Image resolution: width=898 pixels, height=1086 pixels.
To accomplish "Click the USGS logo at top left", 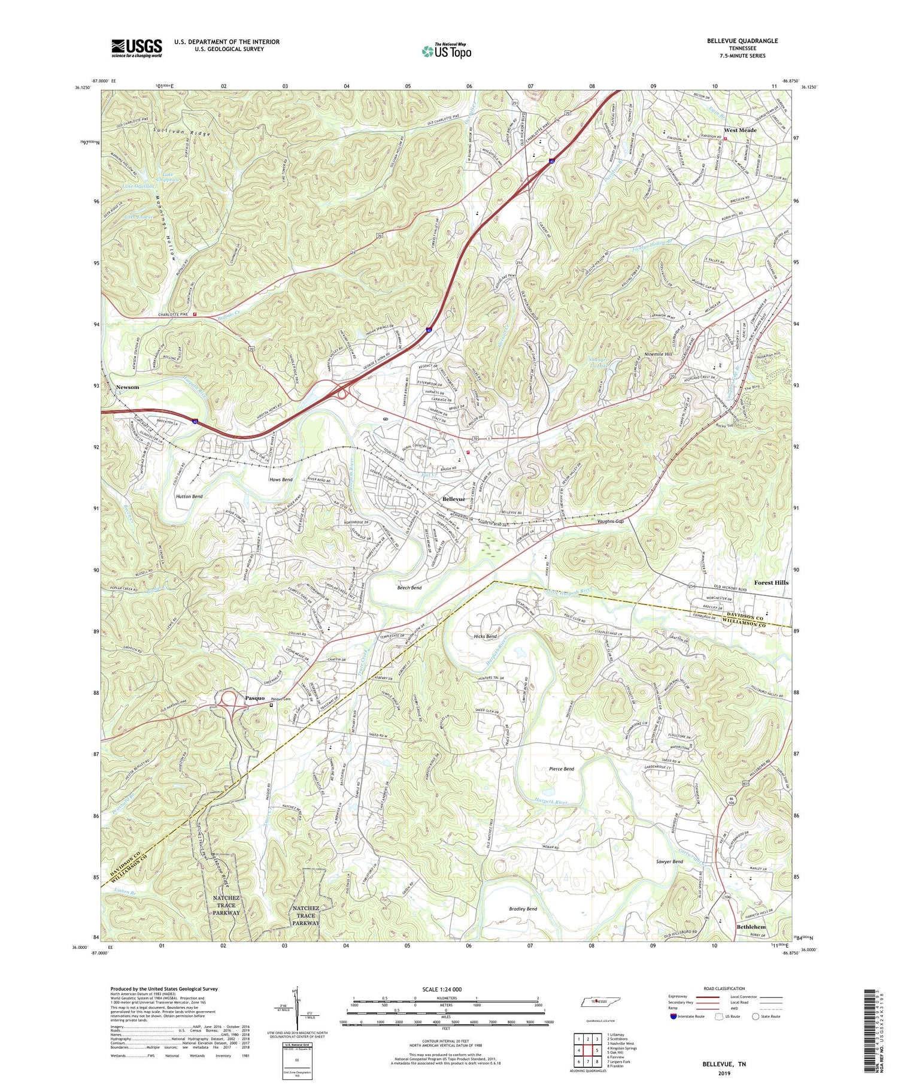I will click(136, 48).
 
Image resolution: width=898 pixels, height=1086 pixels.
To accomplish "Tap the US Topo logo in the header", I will click(447, 51).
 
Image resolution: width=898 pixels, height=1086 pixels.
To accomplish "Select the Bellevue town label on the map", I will click(453, 498).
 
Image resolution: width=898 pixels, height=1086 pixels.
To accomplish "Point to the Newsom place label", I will click(127, 387).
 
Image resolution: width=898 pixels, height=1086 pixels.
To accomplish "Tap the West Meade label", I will click(740, 130).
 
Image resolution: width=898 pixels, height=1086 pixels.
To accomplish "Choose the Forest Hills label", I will click(771, 582).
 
